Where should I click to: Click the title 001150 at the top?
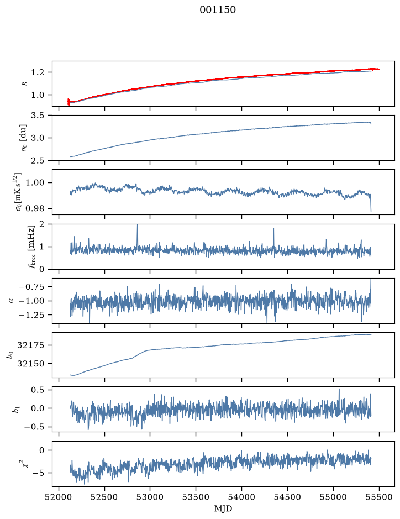[218, 10]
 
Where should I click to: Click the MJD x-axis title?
[223, 508]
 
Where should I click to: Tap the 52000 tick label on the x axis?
[59, 497]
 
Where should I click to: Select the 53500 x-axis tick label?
[196, 497]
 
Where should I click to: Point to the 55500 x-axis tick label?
[379, 497]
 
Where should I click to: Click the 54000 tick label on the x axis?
[241, 497]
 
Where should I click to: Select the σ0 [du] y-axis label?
[24, 138]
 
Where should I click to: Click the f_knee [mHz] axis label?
[31, 247]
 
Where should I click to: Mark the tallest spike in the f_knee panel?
[138, 226]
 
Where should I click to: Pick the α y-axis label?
[12, 301]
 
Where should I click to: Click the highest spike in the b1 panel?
[339, 390]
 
